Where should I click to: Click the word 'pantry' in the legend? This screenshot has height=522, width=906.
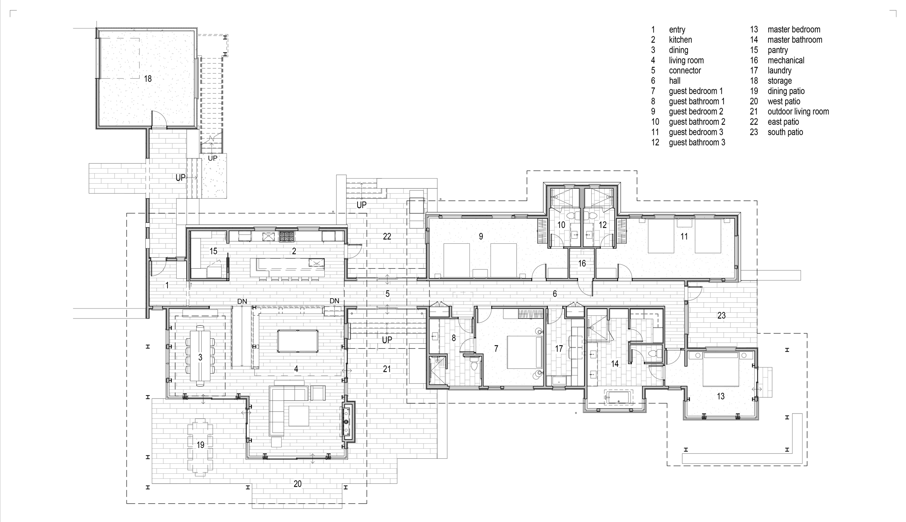[x=778, y=50]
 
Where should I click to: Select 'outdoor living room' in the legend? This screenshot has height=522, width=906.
[x=798, y=112]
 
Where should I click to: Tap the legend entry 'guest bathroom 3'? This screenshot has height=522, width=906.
[x=697, y=143]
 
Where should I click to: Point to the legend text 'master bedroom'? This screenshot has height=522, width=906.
[x=794, y=30]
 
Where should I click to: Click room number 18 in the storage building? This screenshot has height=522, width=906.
[x=148, y=79]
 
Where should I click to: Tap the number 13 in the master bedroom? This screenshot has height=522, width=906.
[x=721, y=396]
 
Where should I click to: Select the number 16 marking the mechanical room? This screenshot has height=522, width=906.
[x=582, y=263]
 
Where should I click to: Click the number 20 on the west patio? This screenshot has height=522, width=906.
[x=297, y=484]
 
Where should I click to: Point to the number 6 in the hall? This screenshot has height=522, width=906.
[x=555, y=294]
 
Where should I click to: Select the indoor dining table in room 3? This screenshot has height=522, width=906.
[x=200, y=355]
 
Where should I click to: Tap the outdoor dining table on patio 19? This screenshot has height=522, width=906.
[x=200, y=447]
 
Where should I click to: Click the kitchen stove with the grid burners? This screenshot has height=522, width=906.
[x=286, y=236]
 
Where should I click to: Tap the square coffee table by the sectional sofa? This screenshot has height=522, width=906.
[x=299, y=416]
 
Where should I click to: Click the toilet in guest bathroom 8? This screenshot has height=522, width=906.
[x=474, y=364]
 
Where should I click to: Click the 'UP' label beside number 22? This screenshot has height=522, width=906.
[x=361, y=205]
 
